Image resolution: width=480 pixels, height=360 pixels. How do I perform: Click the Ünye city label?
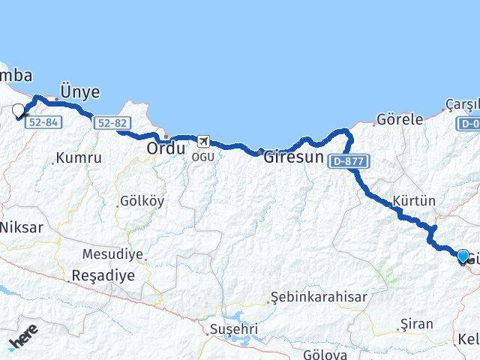79,91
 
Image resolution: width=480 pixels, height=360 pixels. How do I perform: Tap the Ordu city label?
166,148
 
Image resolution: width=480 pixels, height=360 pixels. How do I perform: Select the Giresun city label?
293,158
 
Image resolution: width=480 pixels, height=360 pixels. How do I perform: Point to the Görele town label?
400,119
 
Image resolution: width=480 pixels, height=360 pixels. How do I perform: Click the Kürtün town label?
414,201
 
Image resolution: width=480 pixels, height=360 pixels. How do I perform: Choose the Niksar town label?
21,226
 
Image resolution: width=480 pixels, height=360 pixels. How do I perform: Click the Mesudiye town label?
112,254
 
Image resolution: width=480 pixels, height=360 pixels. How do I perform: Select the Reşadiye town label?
103,275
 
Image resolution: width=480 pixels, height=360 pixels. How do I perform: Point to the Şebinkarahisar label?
319,297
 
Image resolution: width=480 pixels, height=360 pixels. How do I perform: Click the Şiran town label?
417,324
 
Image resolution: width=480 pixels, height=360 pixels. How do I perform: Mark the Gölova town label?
325,354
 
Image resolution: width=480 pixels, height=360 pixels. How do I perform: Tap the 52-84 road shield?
42,122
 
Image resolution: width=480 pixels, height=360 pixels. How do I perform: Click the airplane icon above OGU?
202,140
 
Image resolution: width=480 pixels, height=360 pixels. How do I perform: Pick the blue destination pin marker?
463,256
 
